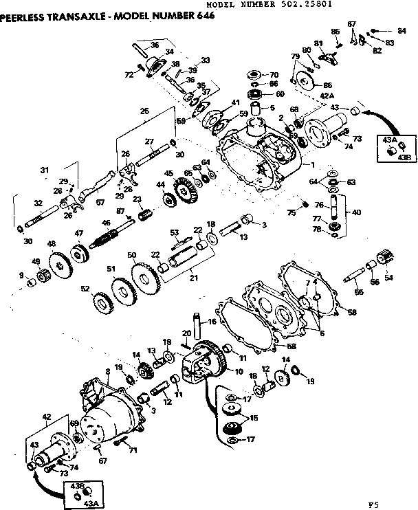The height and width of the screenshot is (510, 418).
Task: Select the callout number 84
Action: pyautogui.click(x=402, y=31)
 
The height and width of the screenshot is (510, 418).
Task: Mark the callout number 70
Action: pyautogui.click(x=273, y=74)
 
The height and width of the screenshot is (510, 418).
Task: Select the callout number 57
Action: pyautogui.click(x=100, y=203)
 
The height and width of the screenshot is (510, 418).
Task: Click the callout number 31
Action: pyautogui.click(x=45, y=170)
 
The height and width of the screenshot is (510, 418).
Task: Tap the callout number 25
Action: pyautogui.click(x=144, y=111)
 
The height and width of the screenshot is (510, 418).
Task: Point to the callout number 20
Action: pyautogui.click(x=184, y=333)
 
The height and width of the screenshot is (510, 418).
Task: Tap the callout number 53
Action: pyautogui.click(x=175, y=232)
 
